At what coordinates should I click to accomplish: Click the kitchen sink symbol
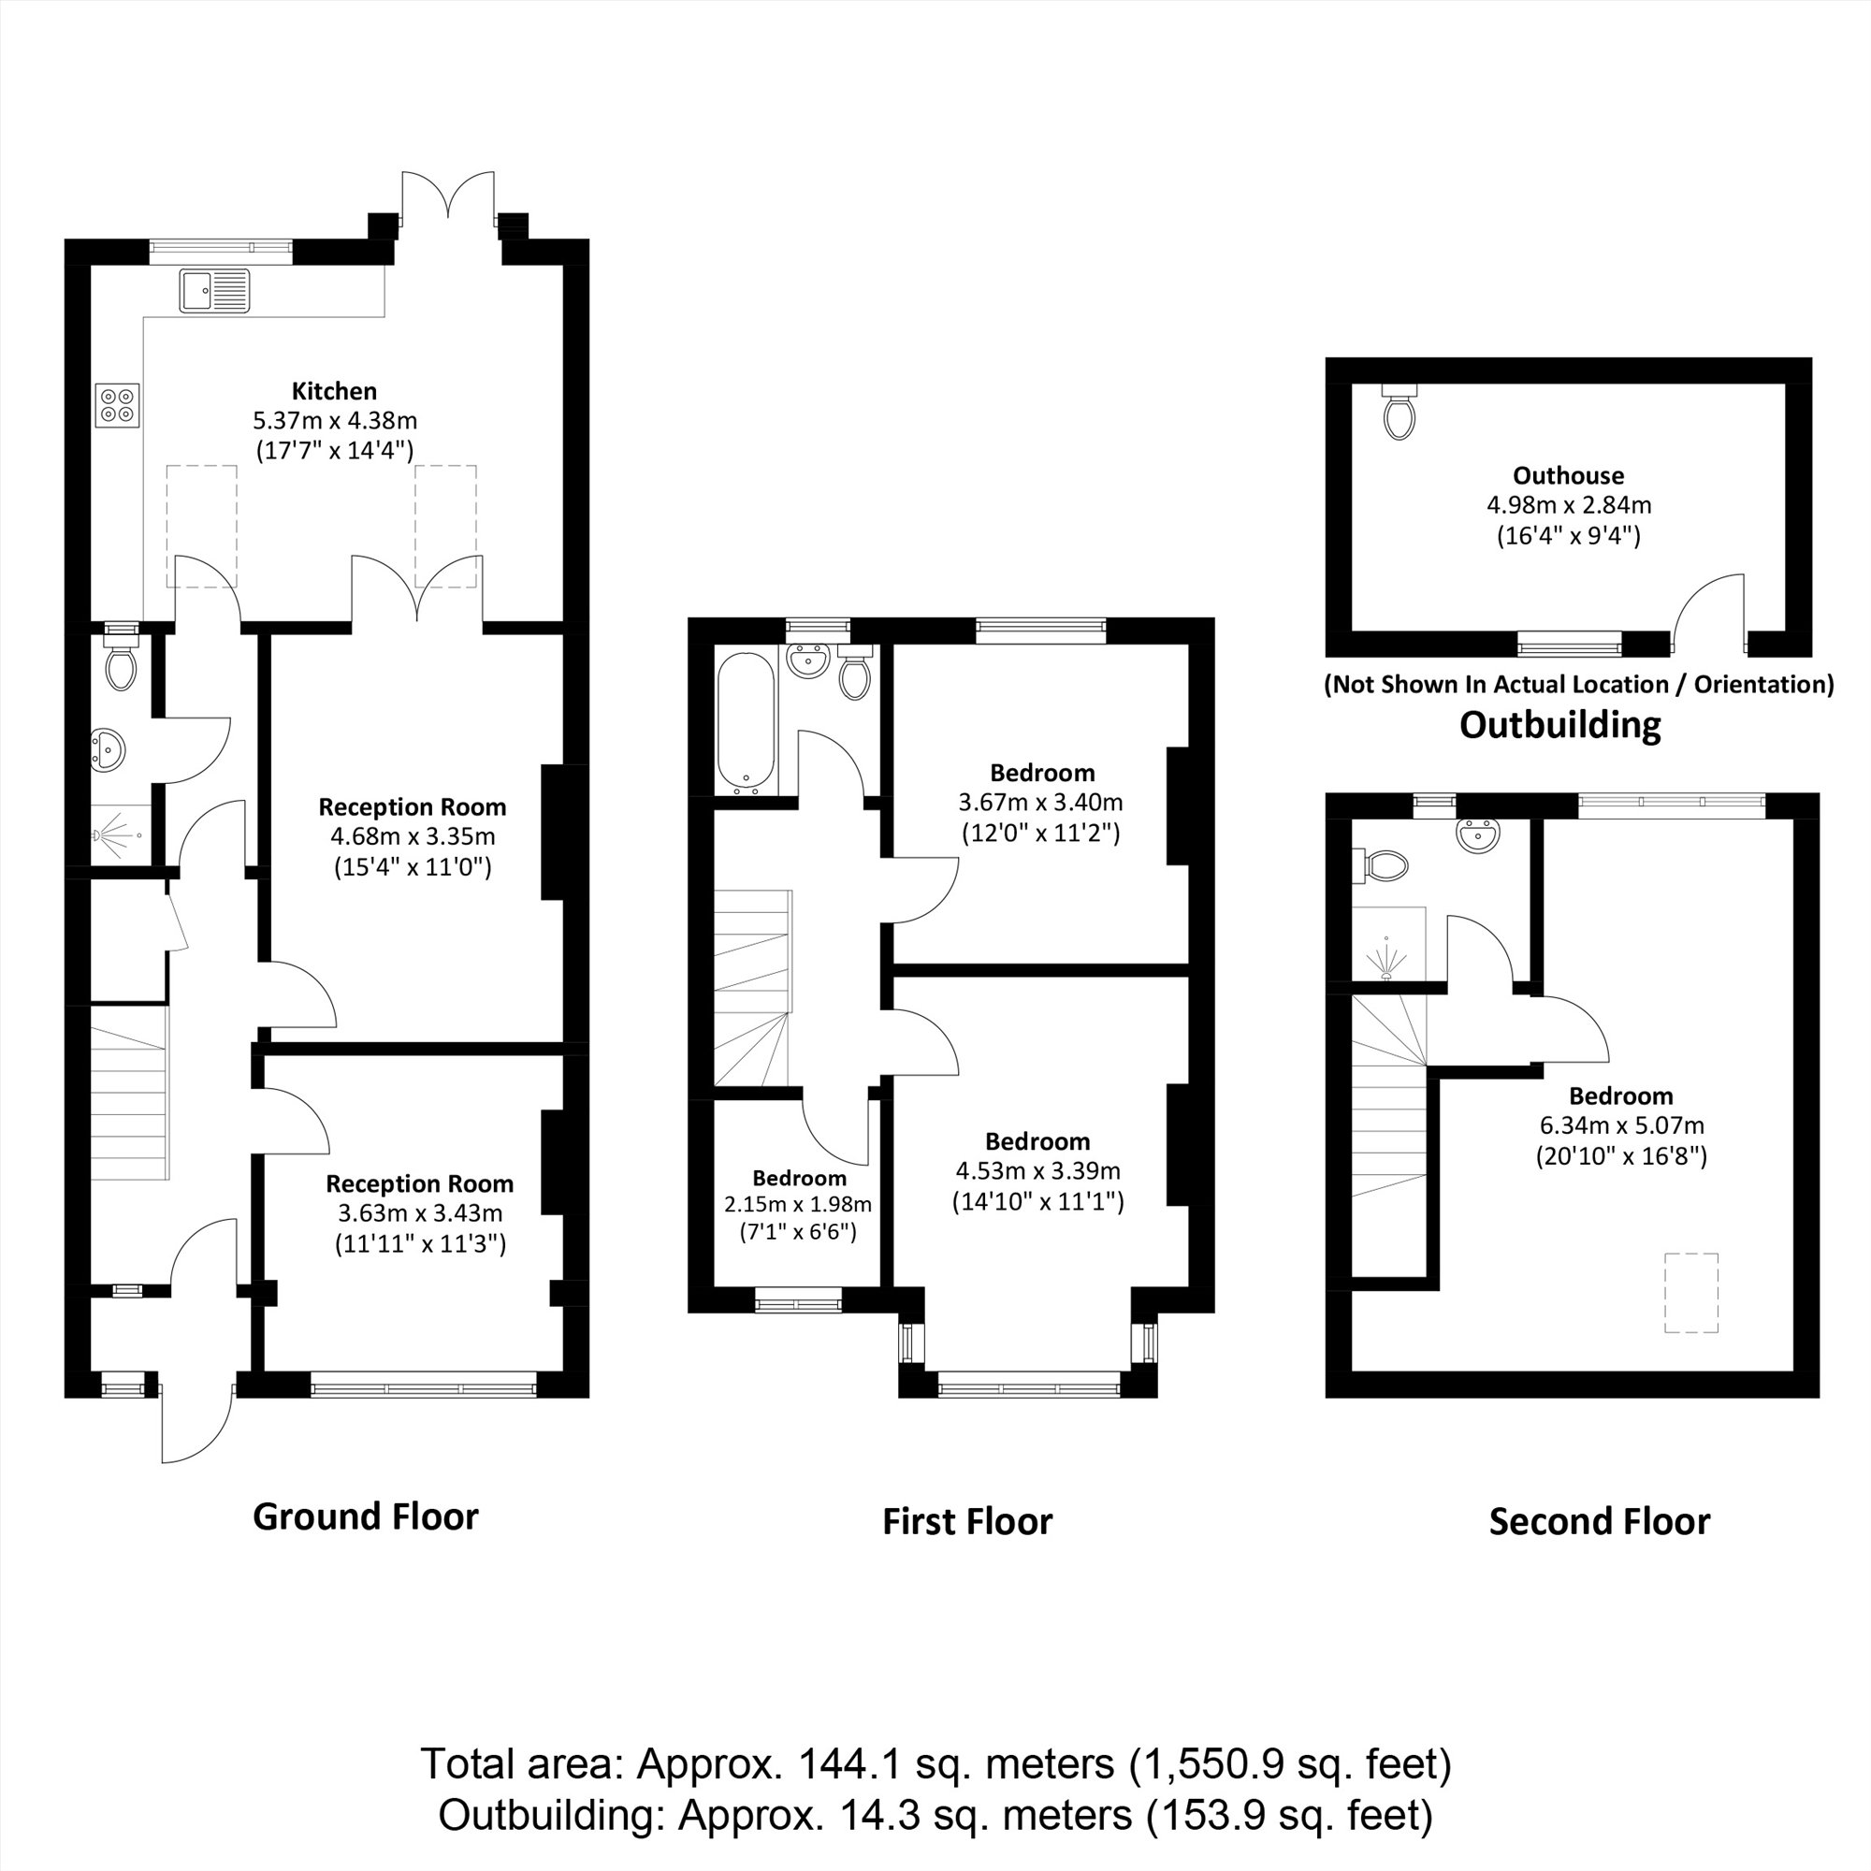pyautogui.click(x=214, y=291)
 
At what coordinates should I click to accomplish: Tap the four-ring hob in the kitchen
pyautogui.click(x=118, y=404)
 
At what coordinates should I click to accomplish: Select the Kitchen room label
pyautogui.click(x=334, y=391)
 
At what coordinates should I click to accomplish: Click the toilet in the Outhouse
pyautogui.click(x=1400, y=414)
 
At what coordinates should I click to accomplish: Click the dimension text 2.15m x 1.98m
pyautogui.click(x=798, y=1205)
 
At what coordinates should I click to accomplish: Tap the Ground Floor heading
pyautogui.click(x=365, y=1517)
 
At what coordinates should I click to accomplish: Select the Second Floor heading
pyautogui.click(x=1599, y=1522)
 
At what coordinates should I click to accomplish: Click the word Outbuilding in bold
pyautogui.click(x=1559, y=725)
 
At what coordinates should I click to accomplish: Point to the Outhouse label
pyautogui.click(x=1568, y=475)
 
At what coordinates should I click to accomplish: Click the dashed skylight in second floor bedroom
pyautogui.click(x=1690, y=1292)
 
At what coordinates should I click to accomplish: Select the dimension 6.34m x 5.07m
pyautogui.click(x=1621, y=1125)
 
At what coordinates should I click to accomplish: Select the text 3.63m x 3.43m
pyautogui.click(x=419, y=1212)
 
